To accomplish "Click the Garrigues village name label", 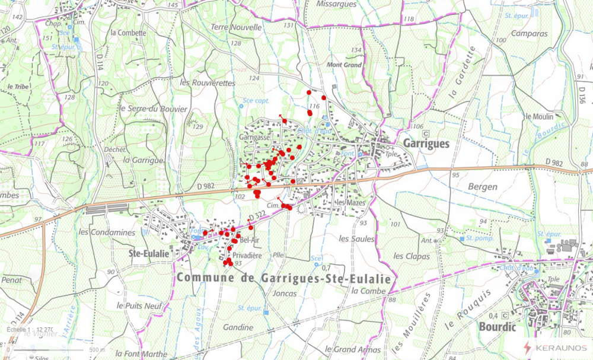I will click(426, 144).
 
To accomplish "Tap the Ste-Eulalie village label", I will click(149, 253).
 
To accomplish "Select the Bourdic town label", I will click(497, 327).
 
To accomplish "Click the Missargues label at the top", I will click(337, 4).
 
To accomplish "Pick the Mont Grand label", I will click(344, 65).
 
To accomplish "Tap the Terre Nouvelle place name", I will click(235, 27).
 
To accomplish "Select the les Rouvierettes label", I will click(208, 83).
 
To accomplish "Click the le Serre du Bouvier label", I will click(153, 109).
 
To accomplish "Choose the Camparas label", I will click(528, 34).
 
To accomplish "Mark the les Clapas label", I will click(413, 256).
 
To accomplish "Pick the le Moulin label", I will click(539, 116).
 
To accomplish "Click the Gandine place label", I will click(238, 327).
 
